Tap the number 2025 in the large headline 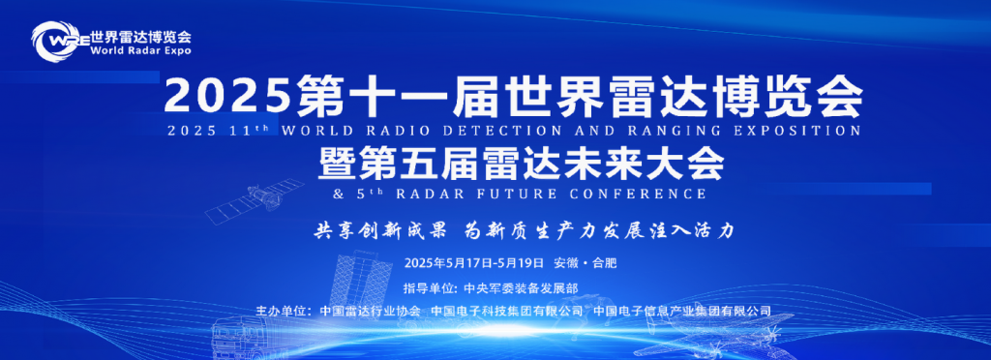[226, 95]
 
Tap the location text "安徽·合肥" [585, 263]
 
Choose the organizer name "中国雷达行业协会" [370, 312]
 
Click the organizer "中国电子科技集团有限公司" [507, 312]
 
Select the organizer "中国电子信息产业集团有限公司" [682, 312]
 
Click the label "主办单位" [282, 312]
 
